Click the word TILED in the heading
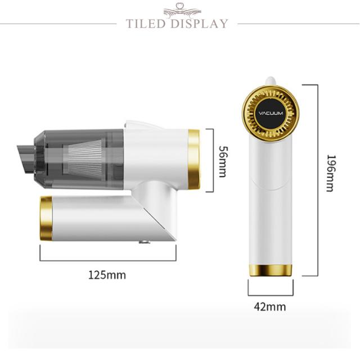pyautogui.click(x=146, y=24)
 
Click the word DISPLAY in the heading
pyautogui.click(x=199, y=24)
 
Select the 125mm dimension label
pyautogui.click(x=107, y=275)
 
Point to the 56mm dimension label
pyautogui.click(x=223, y=161)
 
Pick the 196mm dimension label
pyautogui.click(x=331, y=173)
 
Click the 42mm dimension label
pyautogui.click(x=270, y=307)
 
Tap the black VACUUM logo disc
pyautogui.click(x=271, y=113)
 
